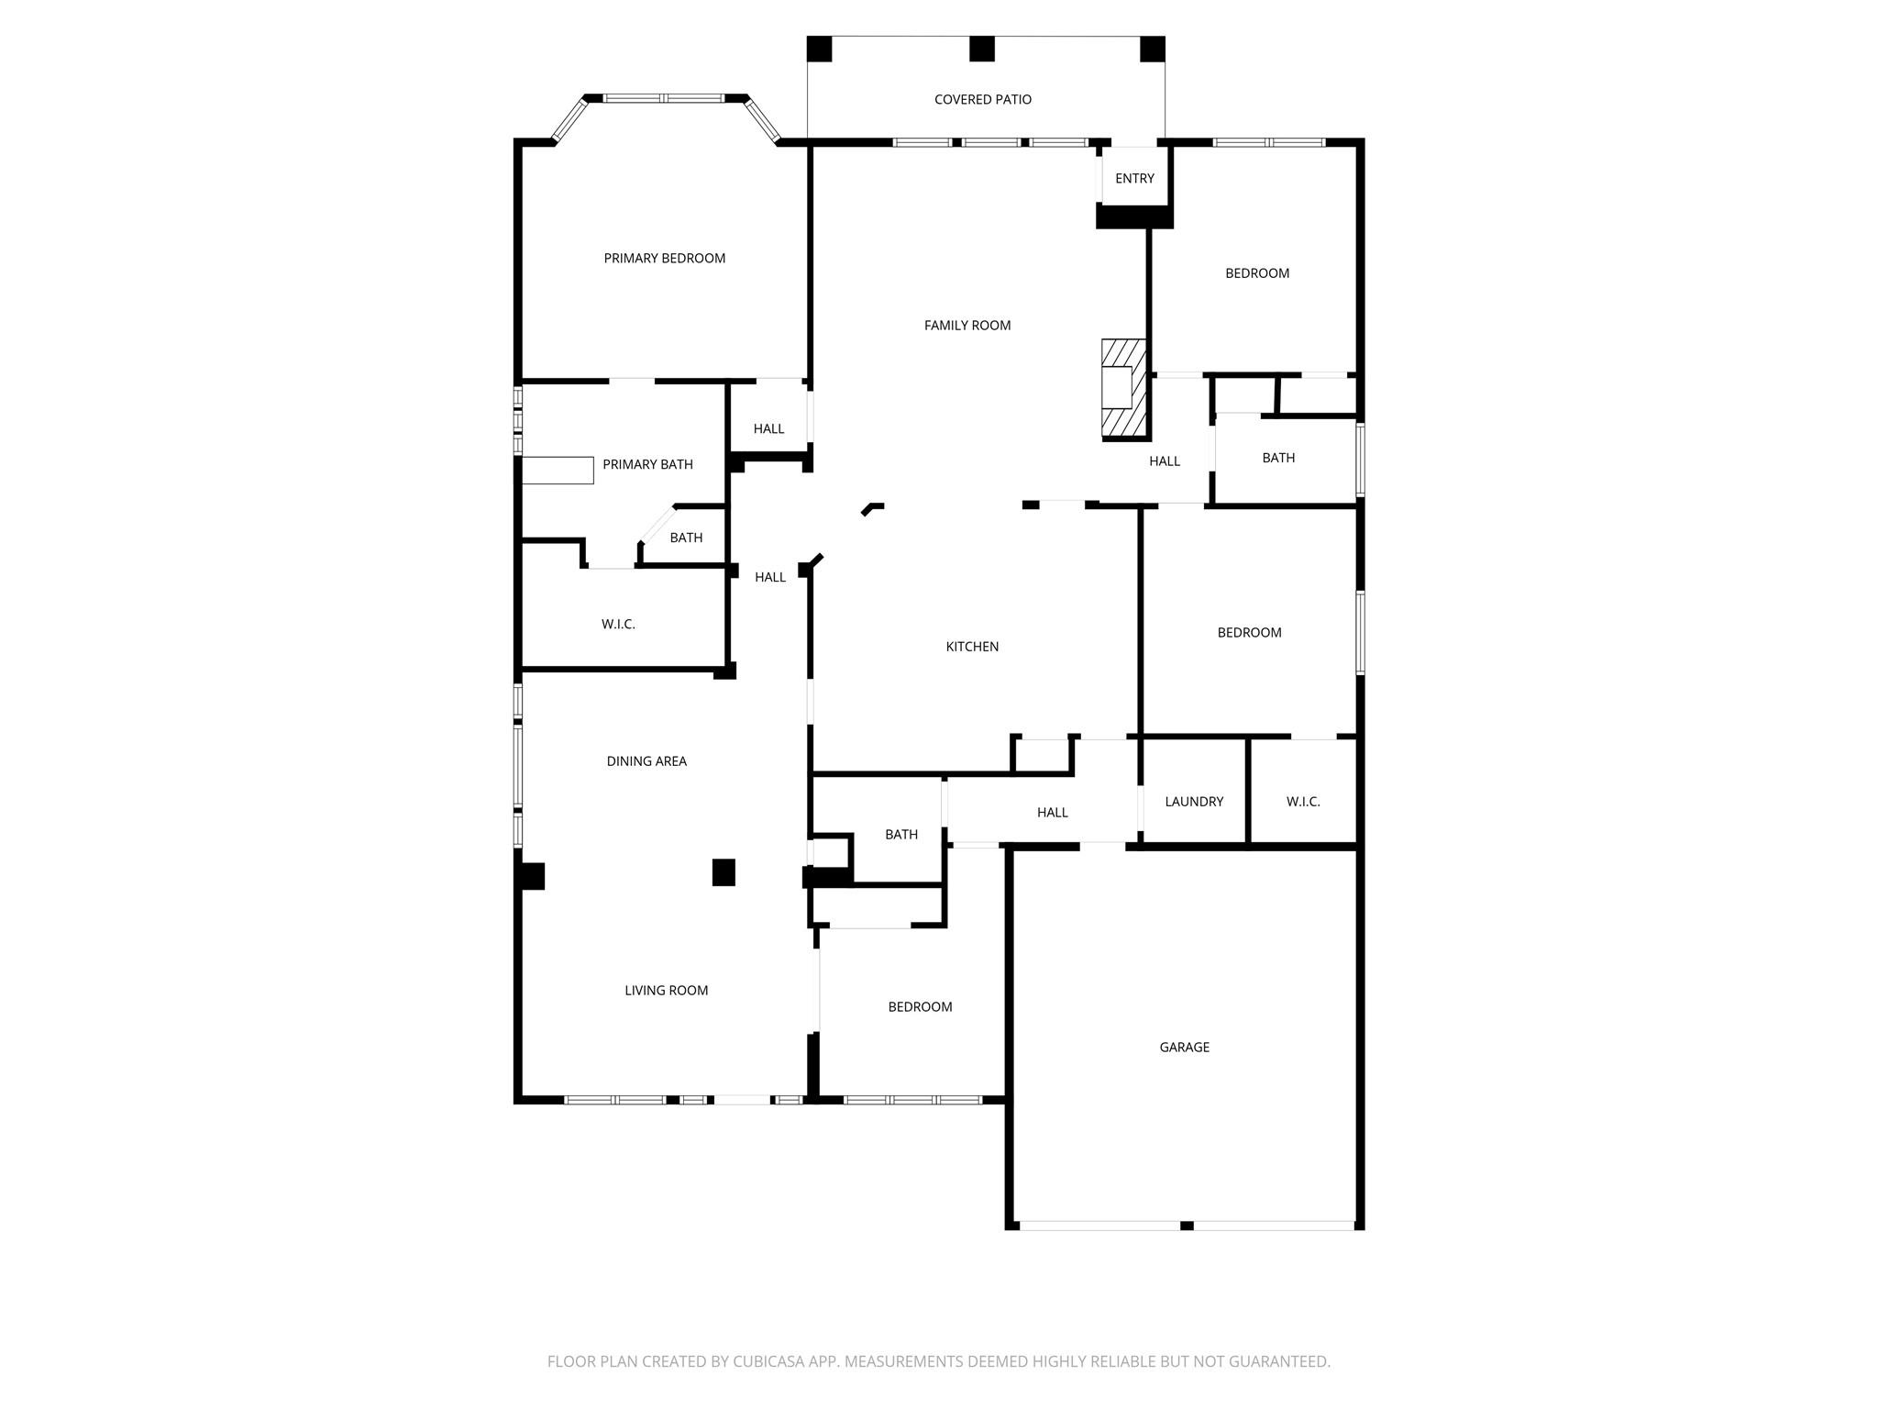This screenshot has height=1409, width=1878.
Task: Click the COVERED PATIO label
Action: click(x=982, y=99)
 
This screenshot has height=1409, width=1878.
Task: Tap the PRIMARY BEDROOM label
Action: click(x=664, y=259)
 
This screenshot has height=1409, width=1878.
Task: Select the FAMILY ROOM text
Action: click(x=967, y=325)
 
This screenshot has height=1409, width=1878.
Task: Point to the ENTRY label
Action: click(x=1134, y=179)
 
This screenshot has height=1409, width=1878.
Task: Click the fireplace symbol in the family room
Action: click(x=1122, y=388)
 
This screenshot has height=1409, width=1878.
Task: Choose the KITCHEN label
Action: click(x=972, y=647)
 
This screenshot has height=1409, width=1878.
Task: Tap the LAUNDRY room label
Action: click(x=1194, y=802)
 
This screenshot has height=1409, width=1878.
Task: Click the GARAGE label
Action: click(x=1184, y=1047)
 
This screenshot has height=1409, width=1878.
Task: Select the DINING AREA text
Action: click(x=646, y=761)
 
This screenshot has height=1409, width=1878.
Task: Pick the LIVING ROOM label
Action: click(x=666, y=991)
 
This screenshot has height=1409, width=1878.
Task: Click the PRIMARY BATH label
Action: click(x=647, y=465)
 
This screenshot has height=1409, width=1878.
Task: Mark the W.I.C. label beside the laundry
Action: click(x=1303, y=802)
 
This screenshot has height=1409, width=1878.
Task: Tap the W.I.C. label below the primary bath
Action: click(x=618, y=625)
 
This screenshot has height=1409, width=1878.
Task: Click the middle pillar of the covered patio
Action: click(x=982, y=49)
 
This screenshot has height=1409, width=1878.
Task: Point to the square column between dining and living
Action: click(x=724, y=872)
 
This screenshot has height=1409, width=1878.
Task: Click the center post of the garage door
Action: click(x=1187, y=1226)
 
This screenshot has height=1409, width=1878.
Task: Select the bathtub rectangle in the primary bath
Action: click(x=558, y=471)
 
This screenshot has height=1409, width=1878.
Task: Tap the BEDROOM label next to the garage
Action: click(x=920, y=1007)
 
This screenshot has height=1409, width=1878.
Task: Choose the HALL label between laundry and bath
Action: click(x=1052, y=813)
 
